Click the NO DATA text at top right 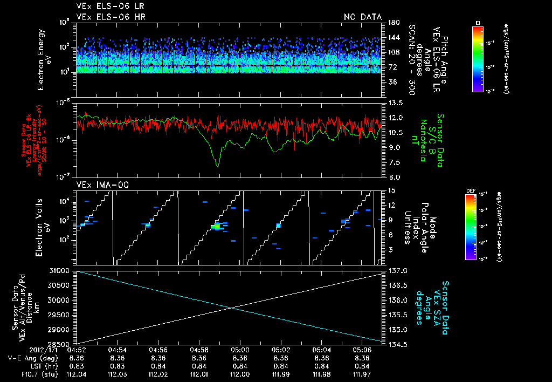click(x=362, y=17)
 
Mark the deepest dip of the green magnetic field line click(x=217, y=166)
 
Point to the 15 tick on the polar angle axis click(x=391, y=190)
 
